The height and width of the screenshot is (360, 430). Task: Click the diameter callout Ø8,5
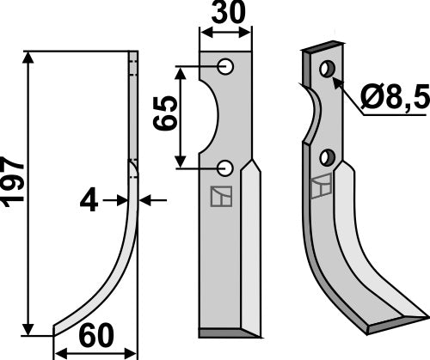click(x=396, y=100)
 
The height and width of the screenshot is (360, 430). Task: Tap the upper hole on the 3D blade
click(x=327, y=68)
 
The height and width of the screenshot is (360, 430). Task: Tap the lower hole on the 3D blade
click(x=327, y=157)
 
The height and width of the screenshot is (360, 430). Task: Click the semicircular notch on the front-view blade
click(x=210, y=117)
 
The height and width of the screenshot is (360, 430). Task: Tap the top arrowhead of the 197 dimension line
click(x=31, y=58)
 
